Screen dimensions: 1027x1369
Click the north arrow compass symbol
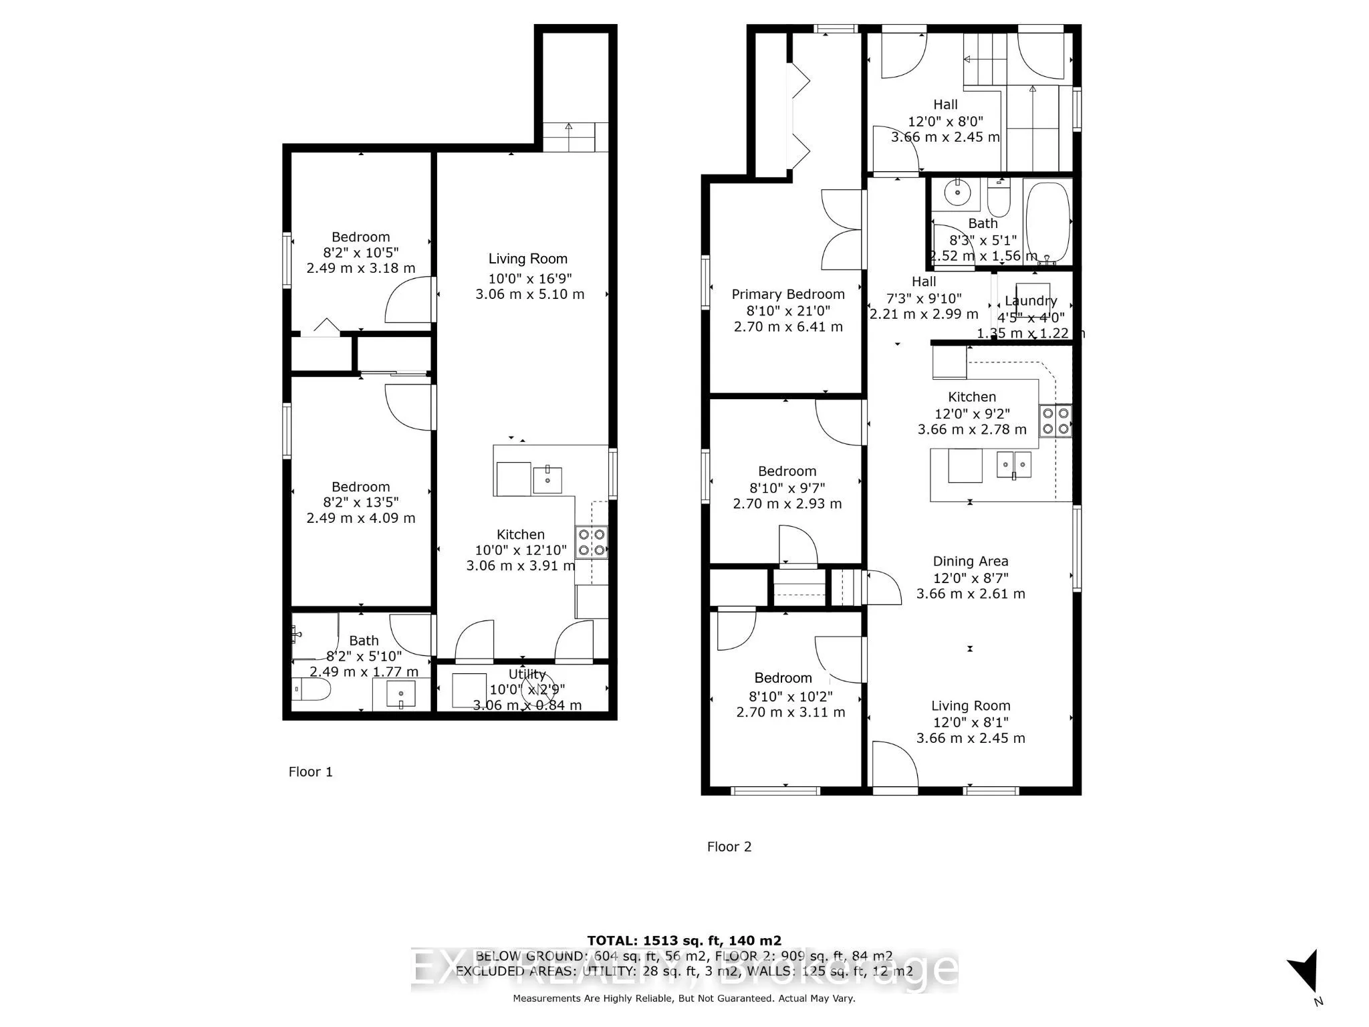pyautogui.click(x=1304, y=971)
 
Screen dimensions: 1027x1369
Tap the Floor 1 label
pyautogui.click(x=310, y=772)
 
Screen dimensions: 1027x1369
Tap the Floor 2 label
pyautogui.click(x=729, y=846)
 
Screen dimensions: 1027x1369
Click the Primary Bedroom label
pyautogui.click(x=787, y=294)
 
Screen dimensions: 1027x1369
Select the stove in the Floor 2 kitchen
pyautogui.click(x=1055, y=421)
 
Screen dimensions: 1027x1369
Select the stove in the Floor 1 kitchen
pyautogui.click(x=591, y=542)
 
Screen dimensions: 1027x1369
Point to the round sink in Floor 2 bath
pyautogui.click(x=958, y=194)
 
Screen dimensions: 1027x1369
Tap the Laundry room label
pyautogui.click(x=1030, y=301)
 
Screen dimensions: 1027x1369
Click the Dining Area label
pyautogui.click(x=970, y=562)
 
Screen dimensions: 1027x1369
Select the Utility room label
pyautogui.click(x=527, y=674)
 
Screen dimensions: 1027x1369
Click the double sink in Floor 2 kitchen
pyautogui.click(x=1013, y=464)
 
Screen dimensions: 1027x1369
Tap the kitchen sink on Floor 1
pyautogui.click(x=547, y=479)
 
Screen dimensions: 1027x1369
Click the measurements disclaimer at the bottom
pyautogui.click(x=683, y=998)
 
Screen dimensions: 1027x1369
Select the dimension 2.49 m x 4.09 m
pyautogui.click(x=360, y=518)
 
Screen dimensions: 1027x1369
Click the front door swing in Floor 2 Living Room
pyautogui.click(x=894, y=764)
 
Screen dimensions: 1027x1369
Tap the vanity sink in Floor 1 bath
pyautogui.click(x=401, y=694)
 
